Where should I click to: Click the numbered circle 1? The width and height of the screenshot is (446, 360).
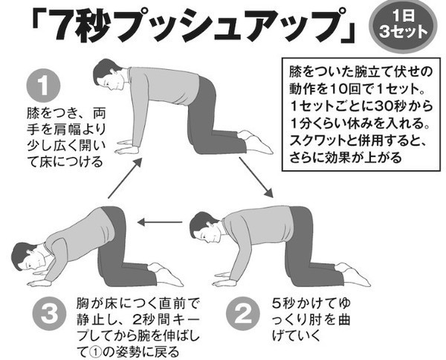point(43,86)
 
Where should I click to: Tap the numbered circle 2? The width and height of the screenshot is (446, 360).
point(243,314)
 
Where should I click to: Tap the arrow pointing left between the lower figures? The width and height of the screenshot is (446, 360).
point(160,222)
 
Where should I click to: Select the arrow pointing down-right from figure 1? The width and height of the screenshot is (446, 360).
point(256,177)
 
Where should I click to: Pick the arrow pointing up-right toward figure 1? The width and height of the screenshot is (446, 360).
point(125,179)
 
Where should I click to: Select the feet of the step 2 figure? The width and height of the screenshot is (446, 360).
point(353,274)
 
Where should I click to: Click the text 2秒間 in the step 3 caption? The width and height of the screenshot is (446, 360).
point(152,320)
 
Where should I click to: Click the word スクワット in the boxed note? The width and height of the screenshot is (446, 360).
point(317,141)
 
